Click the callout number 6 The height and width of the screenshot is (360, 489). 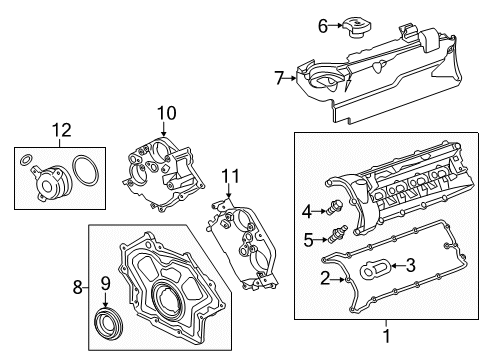tap(323, 26)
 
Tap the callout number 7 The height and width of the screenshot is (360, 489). tap(280, 76)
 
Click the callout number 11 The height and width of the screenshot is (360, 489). tap(231, 177)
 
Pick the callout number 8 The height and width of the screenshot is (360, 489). tap(78, 287)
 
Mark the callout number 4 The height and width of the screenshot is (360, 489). tap(308, 210)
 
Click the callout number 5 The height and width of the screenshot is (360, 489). tap(309, 240)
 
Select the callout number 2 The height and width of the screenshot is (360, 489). tap(324, 277)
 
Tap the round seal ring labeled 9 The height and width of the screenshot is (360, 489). tap(106, 324)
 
